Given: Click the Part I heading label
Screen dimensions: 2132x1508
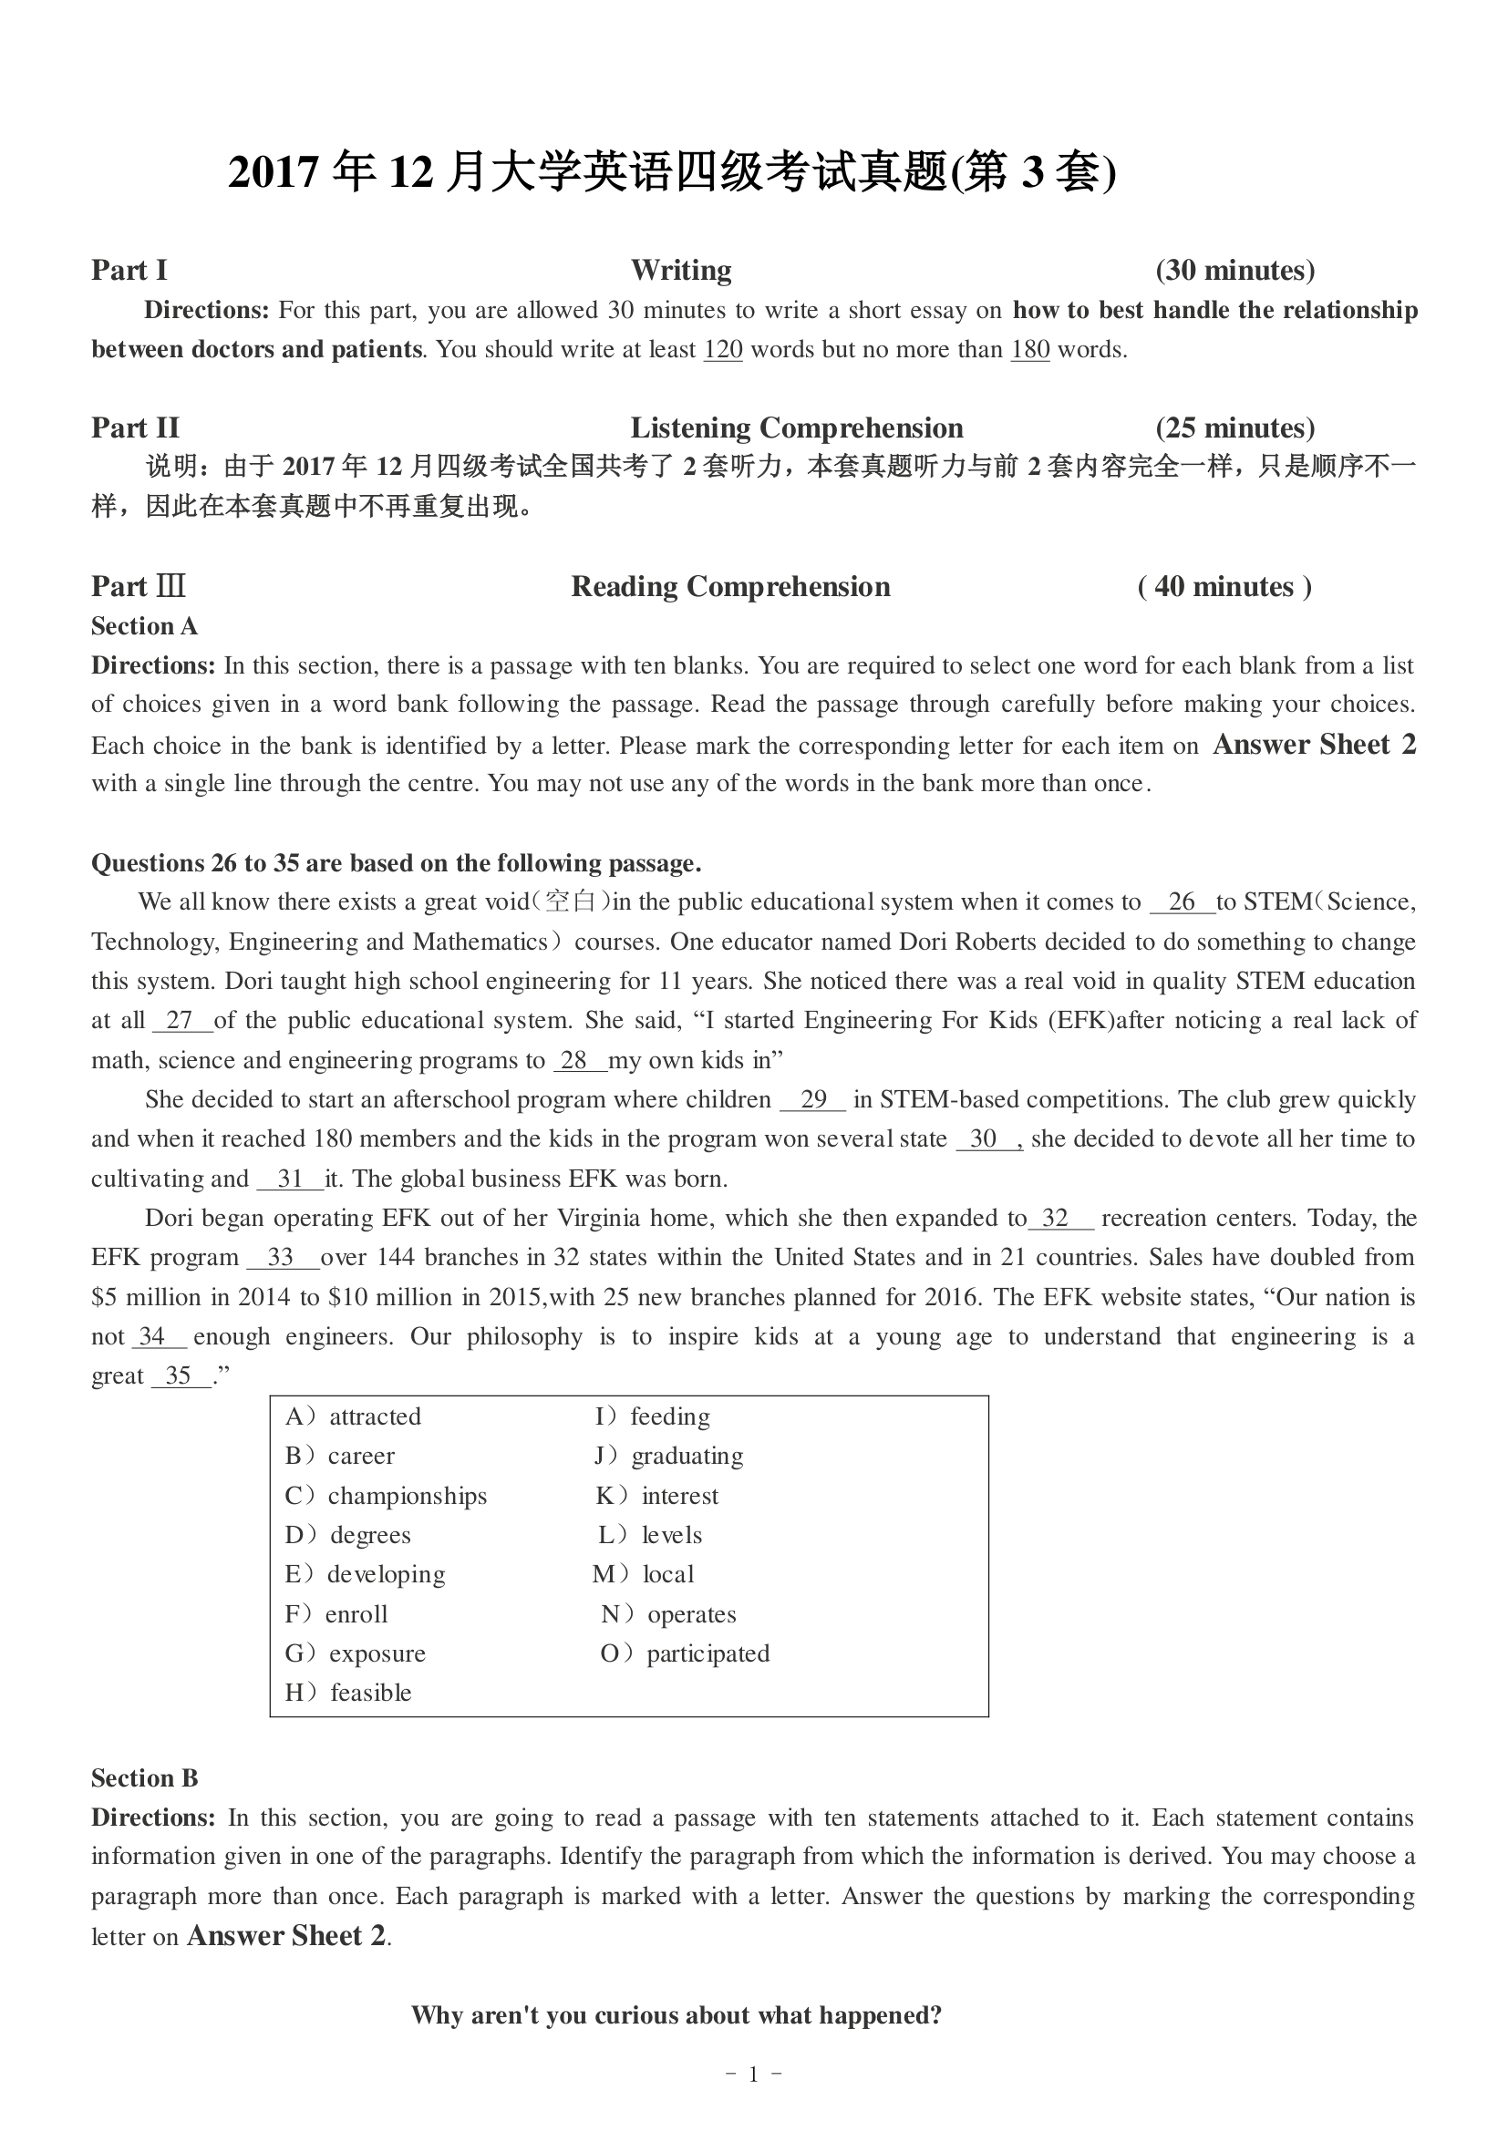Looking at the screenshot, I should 129,270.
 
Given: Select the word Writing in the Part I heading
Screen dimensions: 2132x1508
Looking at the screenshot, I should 681,270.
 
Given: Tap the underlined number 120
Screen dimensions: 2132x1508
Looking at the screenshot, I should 722,350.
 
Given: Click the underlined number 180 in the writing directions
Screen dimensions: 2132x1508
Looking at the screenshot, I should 1029,350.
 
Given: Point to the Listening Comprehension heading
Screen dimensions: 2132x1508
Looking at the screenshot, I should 797,428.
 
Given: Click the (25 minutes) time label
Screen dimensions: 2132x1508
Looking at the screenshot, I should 1235,428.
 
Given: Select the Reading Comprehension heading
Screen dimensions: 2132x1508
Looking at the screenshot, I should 730,587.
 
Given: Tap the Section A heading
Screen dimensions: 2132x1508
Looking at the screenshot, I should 144,627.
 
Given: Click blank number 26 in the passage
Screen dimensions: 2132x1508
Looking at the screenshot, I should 1181,902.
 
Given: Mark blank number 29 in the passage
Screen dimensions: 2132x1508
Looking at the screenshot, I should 812,1100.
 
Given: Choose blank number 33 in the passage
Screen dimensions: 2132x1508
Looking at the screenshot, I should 281,1258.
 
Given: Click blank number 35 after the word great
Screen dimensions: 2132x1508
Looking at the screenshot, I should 179,1376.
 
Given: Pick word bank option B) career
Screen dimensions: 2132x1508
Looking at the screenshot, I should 340,1456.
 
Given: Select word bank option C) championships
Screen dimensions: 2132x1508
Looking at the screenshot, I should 386,1496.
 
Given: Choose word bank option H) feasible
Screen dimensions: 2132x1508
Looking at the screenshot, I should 348,1693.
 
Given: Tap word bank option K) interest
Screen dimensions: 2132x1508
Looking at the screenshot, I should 656,1496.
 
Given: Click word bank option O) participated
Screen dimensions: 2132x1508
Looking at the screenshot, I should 686,1653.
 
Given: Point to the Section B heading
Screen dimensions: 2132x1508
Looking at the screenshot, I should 144,1778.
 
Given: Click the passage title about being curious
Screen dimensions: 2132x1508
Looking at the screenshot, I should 676,2016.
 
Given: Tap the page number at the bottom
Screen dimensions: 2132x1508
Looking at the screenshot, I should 753,2075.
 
